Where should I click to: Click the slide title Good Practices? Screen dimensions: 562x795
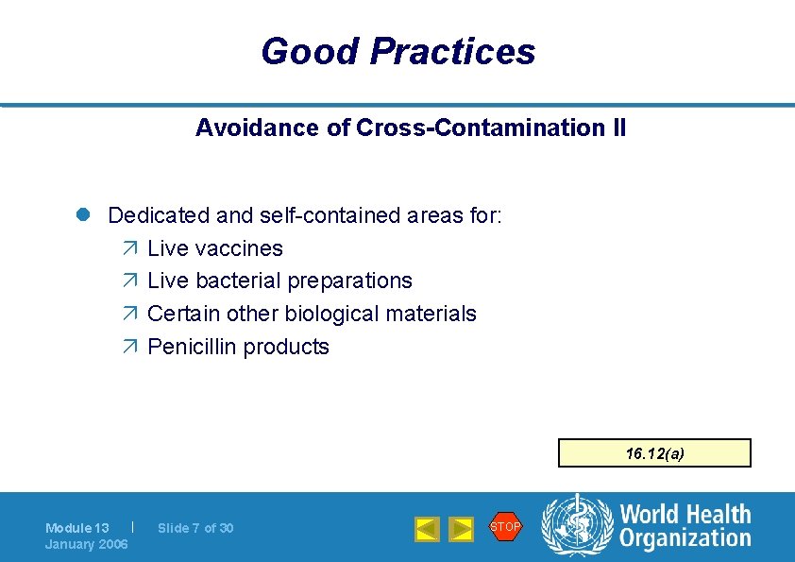397,51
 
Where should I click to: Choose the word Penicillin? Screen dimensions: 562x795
193,347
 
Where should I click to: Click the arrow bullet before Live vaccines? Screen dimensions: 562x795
129,248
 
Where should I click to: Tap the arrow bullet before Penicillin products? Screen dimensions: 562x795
129,347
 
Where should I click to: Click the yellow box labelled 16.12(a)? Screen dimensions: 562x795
654,453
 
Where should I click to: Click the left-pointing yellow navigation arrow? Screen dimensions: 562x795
428,529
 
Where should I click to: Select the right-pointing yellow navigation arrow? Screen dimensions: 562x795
461,529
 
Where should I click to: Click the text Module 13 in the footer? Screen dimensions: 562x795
77,528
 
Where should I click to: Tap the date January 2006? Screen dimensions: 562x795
87,544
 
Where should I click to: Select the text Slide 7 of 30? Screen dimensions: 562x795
195,528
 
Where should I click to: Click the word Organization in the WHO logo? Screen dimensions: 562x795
685,539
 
